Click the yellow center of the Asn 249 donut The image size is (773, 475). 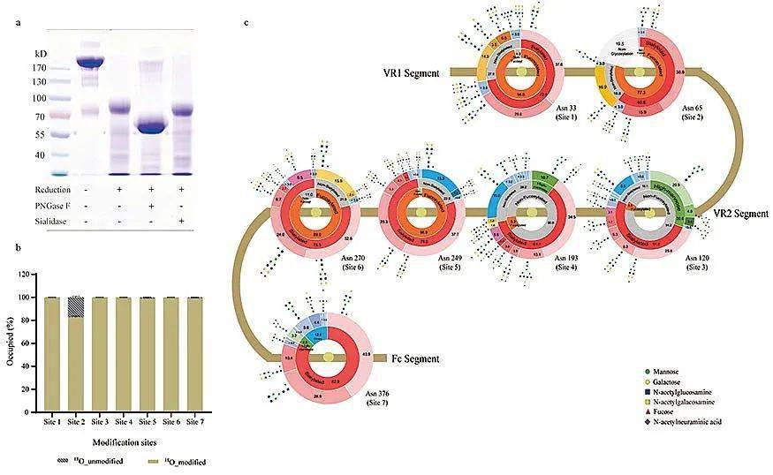pos(412,214)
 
